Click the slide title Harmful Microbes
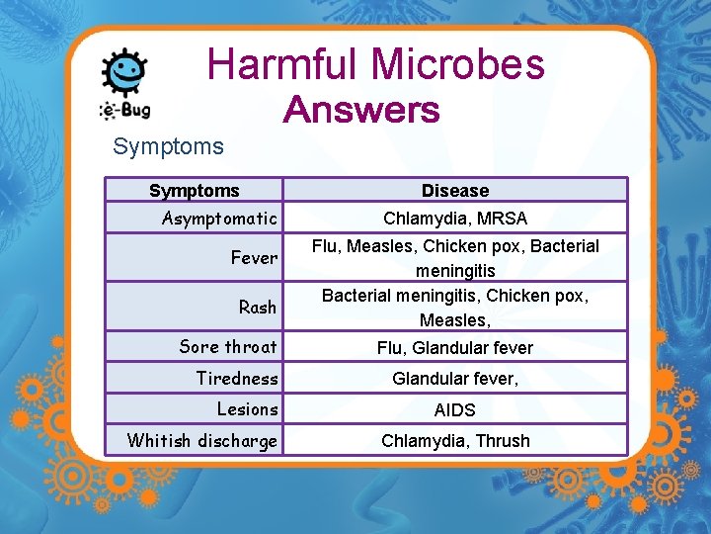(375, 65)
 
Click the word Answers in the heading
(361, 110)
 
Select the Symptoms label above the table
(168, 146)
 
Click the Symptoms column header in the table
(194, 190)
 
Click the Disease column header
(454, 190)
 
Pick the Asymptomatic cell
(220, 218)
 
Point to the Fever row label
(254, 258)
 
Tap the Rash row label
(257, 307)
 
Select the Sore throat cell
(228, 346)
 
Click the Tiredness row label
(237, 378)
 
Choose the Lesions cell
(247, 409)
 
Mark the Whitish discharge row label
(202, 441)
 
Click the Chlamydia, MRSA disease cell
(454, 218)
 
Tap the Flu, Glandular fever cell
(454, 347)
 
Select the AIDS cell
(454, 409)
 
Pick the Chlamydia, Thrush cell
(454, 441)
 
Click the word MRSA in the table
(501, 218)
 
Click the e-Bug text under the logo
(124, 110)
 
